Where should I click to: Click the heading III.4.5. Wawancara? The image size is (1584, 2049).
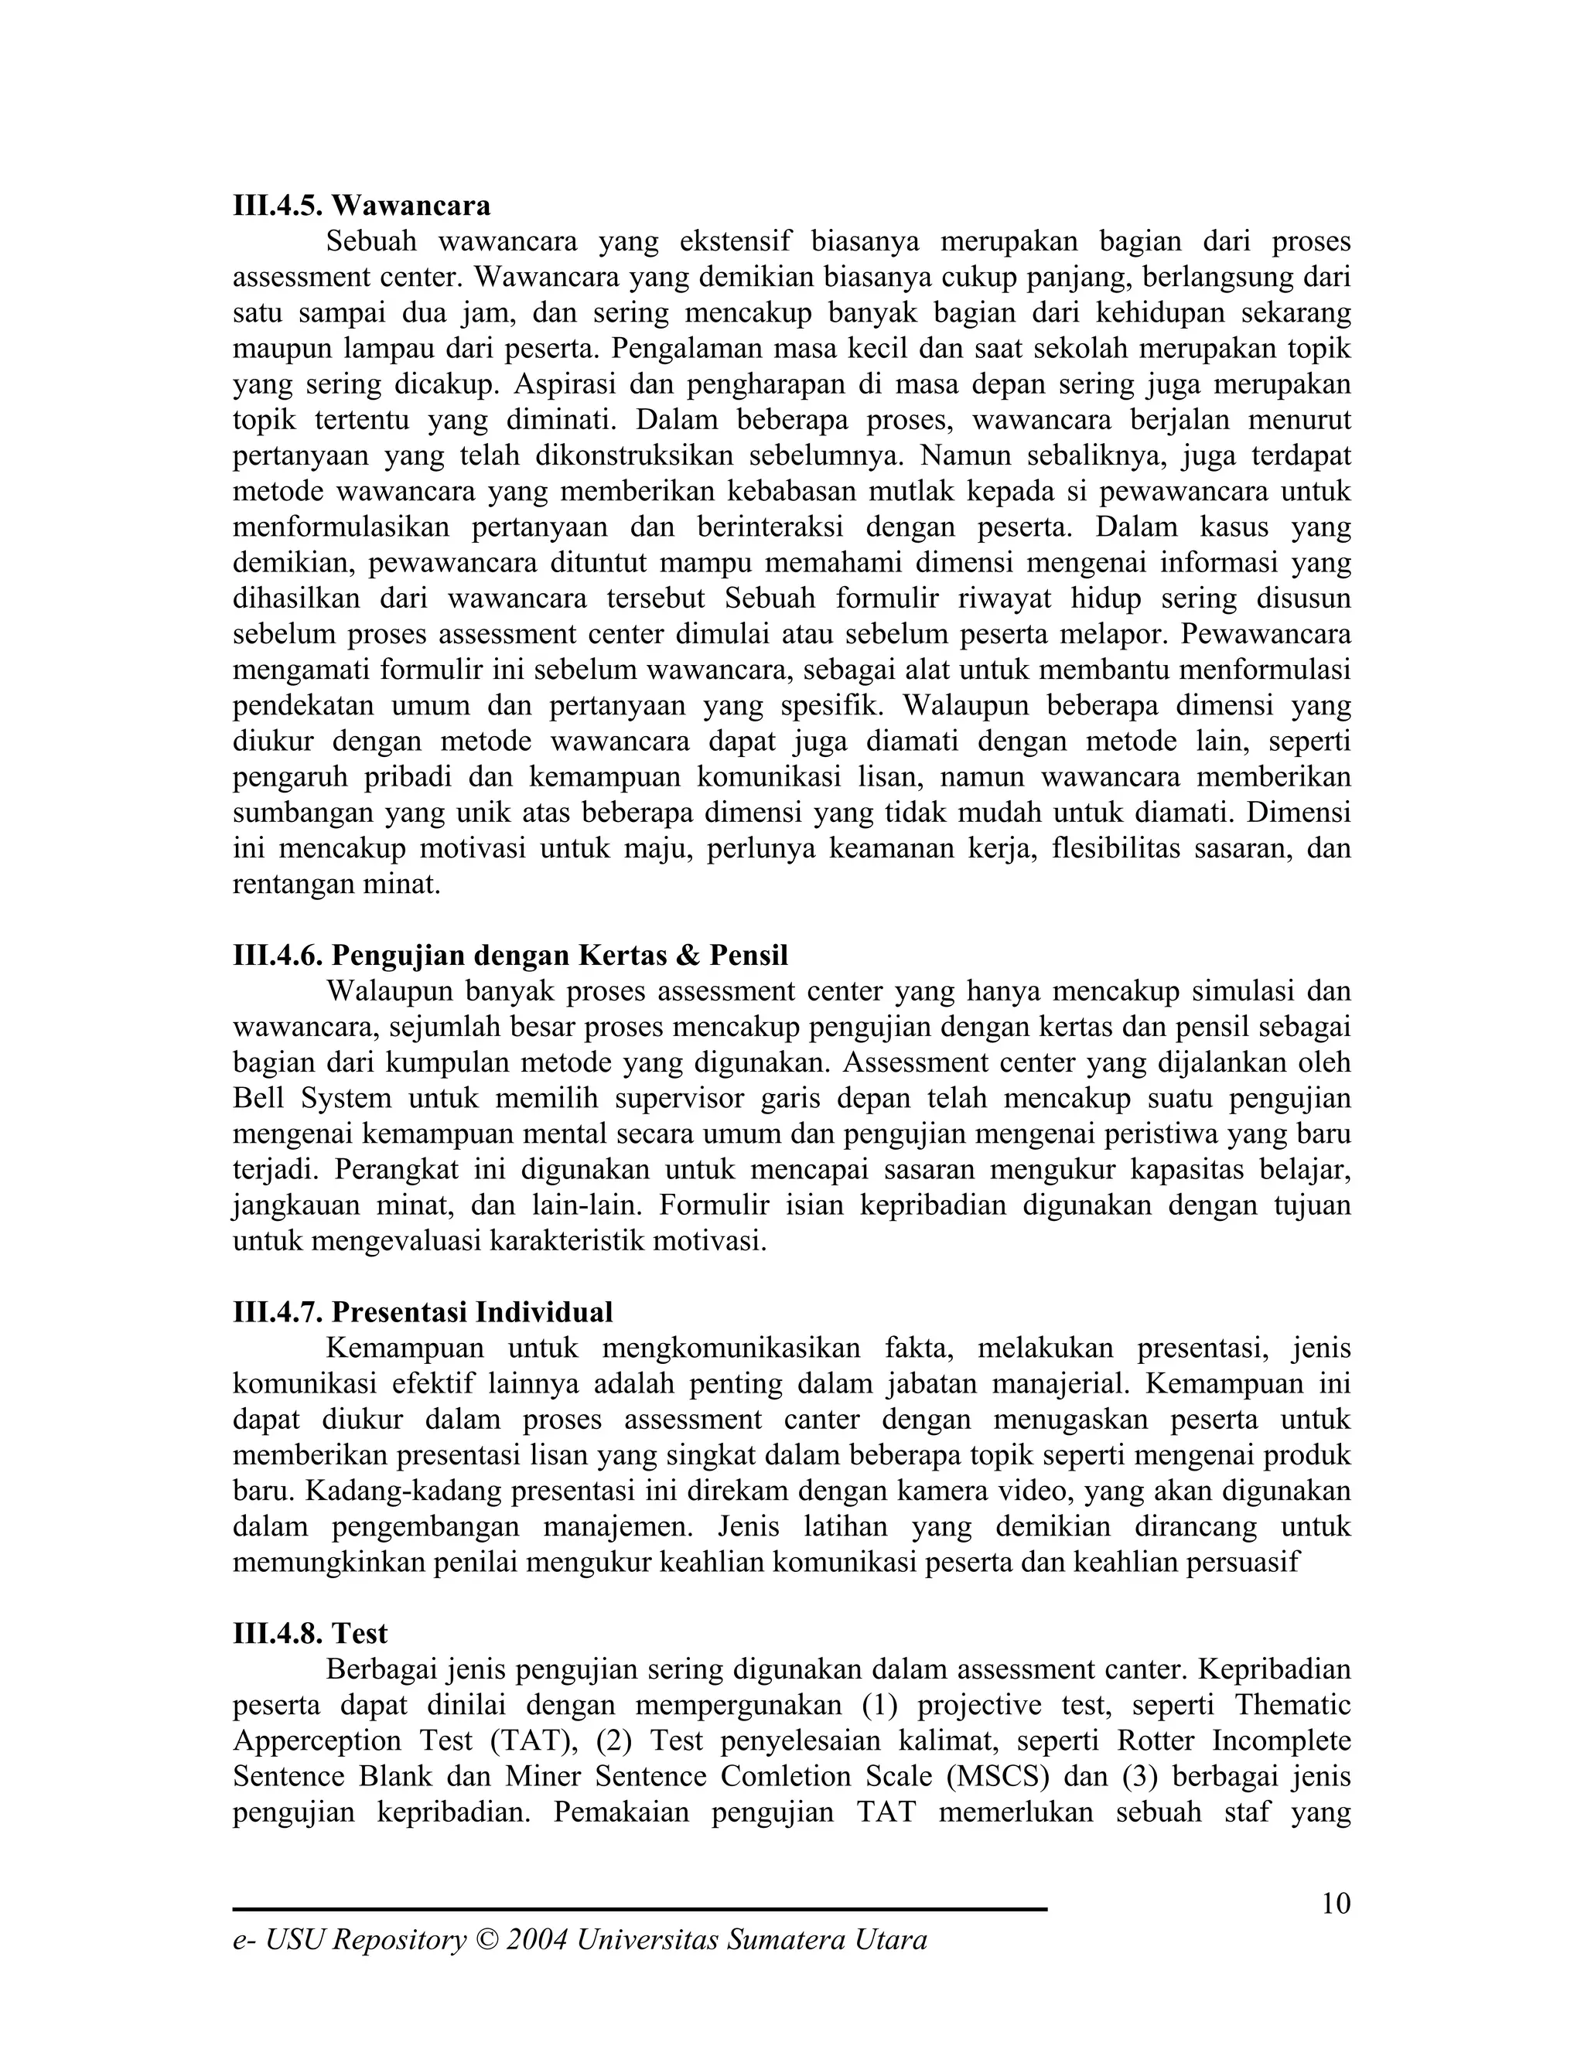click(x=361, y=205)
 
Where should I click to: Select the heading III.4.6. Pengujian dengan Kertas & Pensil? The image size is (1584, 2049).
click(x=510, y=955)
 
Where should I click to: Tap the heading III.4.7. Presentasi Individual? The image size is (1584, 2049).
click(x=422, y=1311)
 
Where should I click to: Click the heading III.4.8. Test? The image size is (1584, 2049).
click(x=309, y=1633)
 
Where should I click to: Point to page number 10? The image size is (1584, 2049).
click(x=1335, y=1904)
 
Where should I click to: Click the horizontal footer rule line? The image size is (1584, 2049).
click(x=639, y=1909)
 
